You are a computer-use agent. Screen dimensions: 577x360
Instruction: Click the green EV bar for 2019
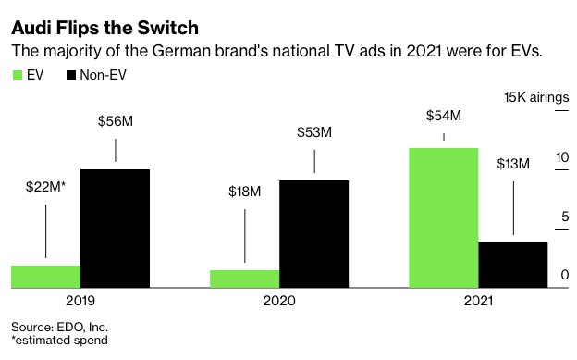tap(46, 277)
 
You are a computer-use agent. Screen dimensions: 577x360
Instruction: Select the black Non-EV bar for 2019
tap(116, 229)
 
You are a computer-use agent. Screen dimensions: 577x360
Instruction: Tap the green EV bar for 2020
tap(245, 279)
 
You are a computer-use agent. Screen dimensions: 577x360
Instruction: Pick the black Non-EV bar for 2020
tap(313, 234)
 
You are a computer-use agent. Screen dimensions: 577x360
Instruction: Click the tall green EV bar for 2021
tap(444, 217)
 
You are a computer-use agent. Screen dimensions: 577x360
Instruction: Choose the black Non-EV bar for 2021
tap(513, 265)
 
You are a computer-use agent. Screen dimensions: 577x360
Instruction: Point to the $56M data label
tap(116, 121)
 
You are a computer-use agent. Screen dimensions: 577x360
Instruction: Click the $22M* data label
tap(45, 187)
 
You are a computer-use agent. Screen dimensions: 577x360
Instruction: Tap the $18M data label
tap(245, 192)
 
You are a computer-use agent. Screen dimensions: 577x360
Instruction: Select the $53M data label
tap(314, 132)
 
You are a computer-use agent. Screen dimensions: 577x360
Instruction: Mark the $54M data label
tap(444, 116)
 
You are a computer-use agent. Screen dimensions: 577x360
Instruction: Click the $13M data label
tap(513, 164)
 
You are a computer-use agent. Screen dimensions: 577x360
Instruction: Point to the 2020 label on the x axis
tap(279, 301)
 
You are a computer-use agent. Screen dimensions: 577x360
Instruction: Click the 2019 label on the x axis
tap(80, 301)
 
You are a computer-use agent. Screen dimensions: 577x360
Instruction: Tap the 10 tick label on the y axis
tap(562, 157)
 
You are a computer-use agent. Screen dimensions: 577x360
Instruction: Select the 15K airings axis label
tap(536, 97)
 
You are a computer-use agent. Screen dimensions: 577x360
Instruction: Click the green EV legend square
tap(18, 75)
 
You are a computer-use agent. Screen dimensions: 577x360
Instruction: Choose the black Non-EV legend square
tap(70, 75)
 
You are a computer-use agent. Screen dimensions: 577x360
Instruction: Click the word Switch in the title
tap(167, 28)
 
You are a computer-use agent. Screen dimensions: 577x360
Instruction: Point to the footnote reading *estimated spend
tap(59, 340)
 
